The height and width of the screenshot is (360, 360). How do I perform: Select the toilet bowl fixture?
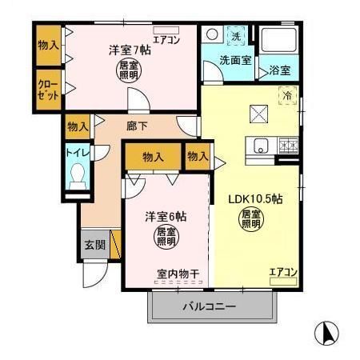click(78, 178)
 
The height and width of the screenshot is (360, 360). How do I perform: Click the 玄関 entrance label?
click(94, 245)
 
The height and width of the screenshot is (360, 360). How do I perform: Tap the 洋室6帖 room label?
click(166, 216)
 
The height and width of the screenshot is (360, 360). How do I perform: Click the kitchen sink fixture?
click(260, 146)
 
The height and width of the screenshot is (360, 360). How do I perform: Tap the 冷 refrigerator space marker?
click(286, 94)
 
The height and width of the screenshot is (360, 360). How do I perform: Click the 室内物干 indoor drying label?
click(177, 274)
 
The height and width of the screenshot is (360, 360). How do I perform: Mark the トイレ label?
click(77, 152)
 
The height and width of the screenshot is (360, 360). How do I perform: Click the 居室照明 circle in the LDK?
click(251, 219)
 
